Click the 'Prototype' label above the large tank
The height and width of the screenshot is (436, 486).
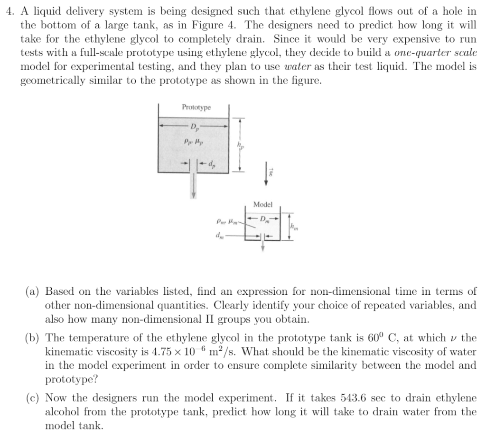tap(196, 108)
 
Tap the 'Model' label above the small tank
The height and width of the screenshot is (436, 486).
tap(263, 205)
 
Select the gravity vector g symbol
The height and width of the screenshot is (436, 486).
tap(271, 175)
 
